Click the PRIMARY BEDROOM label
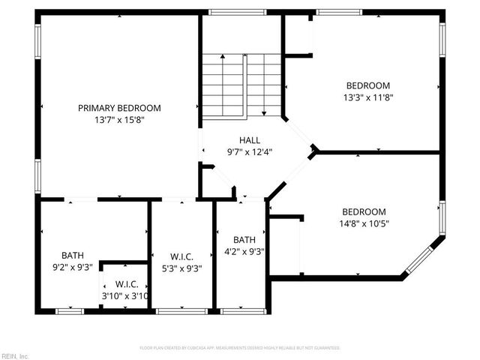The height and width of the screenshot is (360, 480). [x=119, y=108]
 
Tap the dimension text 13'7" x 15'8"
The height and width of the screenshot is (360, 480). [x=119, y=120]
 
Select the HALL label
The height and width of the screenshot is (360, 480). [x=250, y=140]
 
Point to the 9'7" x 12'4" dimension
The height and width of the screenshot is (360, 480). [x=250, y=151]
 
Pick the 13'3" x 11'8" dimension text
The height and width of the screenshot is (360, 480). [x=368, y=97]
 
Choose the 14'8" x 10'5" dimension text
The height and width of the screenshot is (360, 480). [x=364, y=223]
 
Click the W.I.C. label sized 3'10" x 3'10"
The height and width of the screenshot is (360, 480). [x=125, y=284]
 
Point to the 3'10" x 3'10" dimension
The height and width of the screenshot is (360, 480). [x=125, y=295]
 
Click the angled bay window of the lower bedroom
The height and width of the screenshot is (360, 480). [x=425, y=256]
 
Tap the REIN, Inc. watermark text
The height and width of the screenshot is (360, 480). [x=14, y=355]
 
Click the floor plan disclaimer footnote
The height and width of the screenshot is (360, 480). [x=240, y=348]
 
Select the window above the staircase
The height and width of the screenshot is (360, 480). [x=227, y=12]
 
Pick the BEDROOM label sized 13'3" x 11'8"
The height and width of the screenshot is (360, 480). [x=367, y=85]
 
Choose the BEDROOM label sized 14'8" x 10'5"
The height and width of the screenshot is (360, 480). [x=364, y=211]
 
